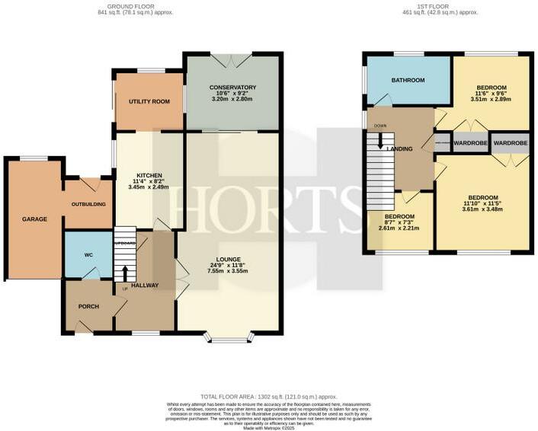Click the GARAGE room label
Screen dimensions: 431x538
34,219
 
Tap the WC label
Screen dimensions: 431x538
88,254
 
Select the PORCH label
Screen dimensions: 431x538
89,307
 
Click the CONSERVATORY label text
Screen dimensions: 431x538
232,88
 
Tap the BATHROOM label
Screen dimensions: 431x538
408,80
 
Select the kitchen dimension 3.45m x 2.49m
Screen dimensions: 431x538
148,187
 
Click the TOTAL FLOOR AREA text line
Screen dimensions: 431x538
269,397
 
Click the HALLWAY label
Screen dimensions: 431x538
145,286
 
